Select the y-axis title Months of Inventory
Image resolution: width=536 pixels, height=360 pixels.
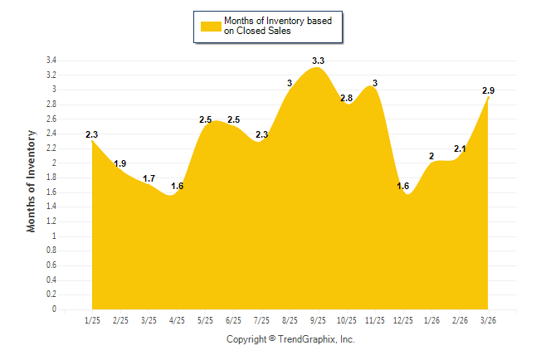(32, 180)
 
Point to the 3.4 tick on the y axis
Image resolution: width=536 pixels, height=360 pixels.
(51, 61)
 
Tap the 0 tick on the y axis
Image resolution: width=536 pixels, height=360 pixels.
(54, 309)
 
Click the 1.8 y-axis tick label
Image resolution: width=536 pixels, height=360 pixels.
(51, 178)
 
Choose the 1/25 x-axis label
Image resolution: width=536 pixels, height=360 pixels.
(92, 320)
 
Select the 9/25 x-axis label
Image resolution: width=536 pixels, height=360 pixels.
(318, 320)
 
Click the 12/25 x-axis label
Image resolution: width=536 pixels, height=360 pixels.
(403, 320)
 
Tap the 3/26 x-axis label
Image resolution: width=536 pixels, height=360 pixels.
(488, 320)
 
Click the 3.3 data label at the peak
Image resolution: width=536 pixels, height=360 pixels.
(318, 61)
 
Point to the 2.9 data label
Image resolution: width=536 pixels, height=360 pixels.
(490, 90)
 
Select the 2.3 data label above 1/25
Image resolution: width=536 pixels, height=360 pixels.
(91, 134)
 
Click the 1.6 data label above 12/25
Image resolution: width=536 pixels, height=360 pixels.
(403, 186)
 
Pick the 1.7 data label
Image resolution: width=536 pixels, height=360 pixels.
(149, 178)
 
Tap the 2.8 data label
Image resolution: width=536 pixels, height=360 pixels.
(346, 98)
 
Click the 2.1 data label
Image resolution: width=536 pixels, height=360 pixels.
(460, 149)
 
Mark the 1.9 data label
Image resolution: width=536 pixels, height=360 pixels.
(120, 163)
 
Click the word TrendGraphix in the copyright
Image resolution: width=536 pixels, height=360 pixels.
(305, 339)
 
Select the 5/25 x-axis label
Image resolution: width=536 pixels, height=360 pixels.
(205, 320)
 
